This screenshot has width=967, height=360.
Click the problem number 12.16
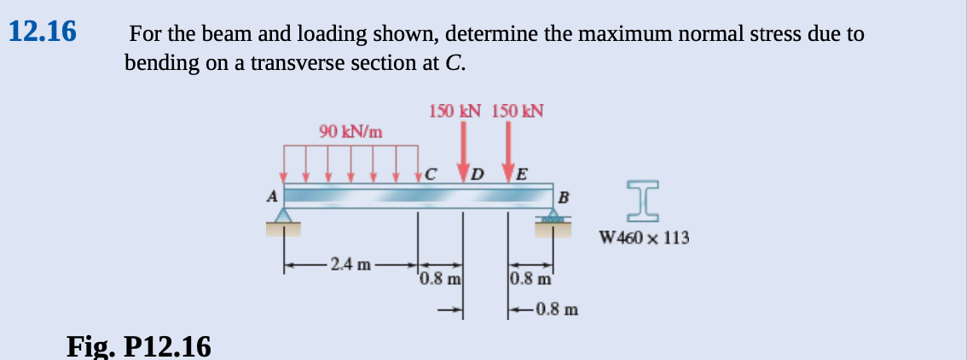[x=42, y=32]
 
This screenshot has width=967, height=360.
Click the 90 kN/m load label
[x=350, y=131]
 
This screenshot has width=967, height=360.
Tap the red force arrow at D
[x=464, y=150]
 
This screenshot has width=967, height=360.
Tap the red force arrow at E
[x=509, y=150]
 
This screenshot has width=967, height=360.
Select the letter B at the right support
[x=563, y=200]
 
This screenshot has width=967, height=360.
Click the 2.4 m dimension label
[x=351, y=264]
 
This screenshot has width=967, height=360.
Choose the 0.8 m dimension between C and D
[x=440, y=277]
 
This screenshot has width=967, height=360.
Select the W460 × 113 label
[x=645, y=237]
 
